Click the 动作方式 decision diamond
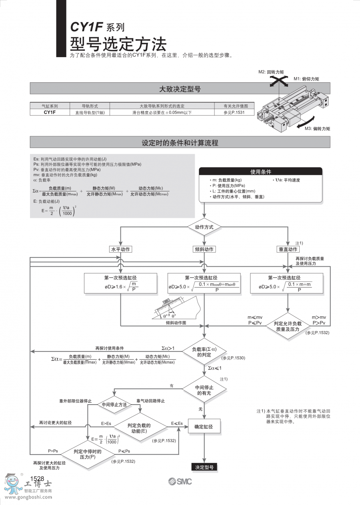(204, 227)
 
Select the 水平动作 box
(121, 249)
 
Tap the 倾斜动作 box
(204, 249)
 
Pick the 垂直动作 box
(288, 249)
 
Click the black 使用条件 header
(261, 172)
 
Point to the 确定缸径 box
(204, 427)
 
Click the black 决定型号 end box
(204, 467)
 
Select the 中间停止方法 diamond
(114, 405)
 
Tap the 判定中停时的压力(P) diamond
(87, 454)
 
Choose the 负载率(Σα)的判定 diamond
(204, 352)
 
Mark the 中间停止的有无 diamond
(204, 390)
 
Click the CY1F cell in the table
(50, 112)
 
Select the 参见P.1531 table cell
(239, 112)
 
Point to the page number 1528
(37, 479)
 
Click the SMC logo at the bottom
(180, 481)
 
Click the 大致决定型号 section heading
(180, 89)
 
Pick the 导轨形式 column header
(90, 106)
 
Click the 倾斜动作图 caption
(176, 322)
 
